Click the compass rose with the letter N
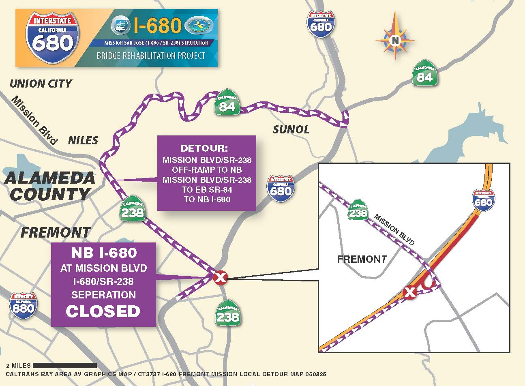[395, 40]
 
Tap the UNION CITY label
[41, 84]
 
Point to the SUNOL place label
[291, 130]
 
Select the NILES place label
[83, 140]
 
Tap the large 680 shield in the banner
[52, 37]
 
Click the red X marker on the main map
[220, 278]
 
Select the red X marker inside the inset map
[410, 292]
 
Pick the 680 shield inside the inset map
[483, 199]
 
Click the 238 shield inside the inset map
[358, 210]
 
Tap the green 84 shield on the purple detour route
[227, 105]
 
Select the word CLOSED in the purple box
[103, 311]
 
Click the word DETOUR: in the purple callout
[207, 148]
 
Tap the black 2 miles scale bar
[65, 365]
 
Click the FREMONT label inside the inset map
[362, 259]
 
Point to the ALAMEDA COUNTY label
[49, 186]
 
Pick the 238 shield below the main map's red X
[227, 313]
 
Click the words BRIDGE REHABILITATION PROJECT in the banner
[151, 56]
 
